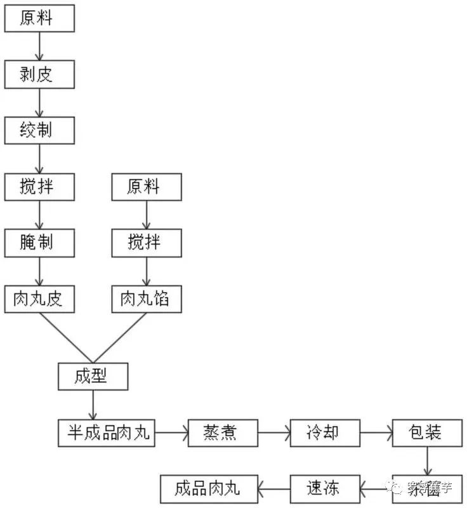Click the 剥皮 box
39,75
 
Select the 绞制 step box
39,131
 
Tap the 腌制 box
39,243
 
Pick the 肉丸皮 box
39,298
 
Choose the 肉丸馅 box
146,298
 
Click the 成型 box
93,376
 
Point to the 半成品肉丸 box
107,432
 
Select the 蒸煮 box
223,432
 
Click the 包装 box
426,432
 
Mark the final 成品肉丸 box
209,488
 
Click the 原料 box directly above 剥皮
39,18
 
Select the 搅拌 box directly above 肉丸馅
146,243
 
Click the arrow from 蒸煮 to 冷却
273,432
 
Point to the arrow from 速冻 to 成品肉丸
274,488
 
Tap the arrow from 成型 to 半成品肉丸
93,404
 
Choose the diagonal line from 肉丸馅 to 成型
121,338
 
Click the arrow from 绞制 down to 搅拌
39,159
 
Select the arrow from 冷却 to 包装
376,432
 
